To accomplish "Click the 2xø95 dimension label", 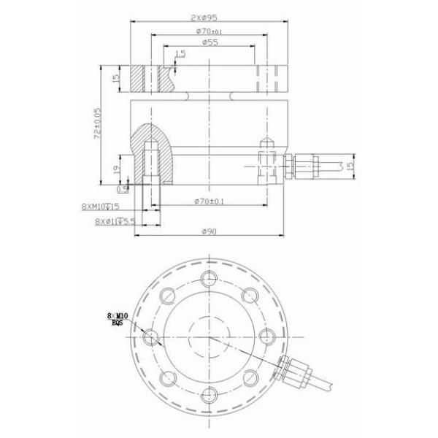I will click(210, 17).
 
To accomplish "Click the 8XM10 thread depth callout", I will click(100, 207).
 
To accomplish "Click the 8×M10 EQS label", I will click(116, 319).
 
